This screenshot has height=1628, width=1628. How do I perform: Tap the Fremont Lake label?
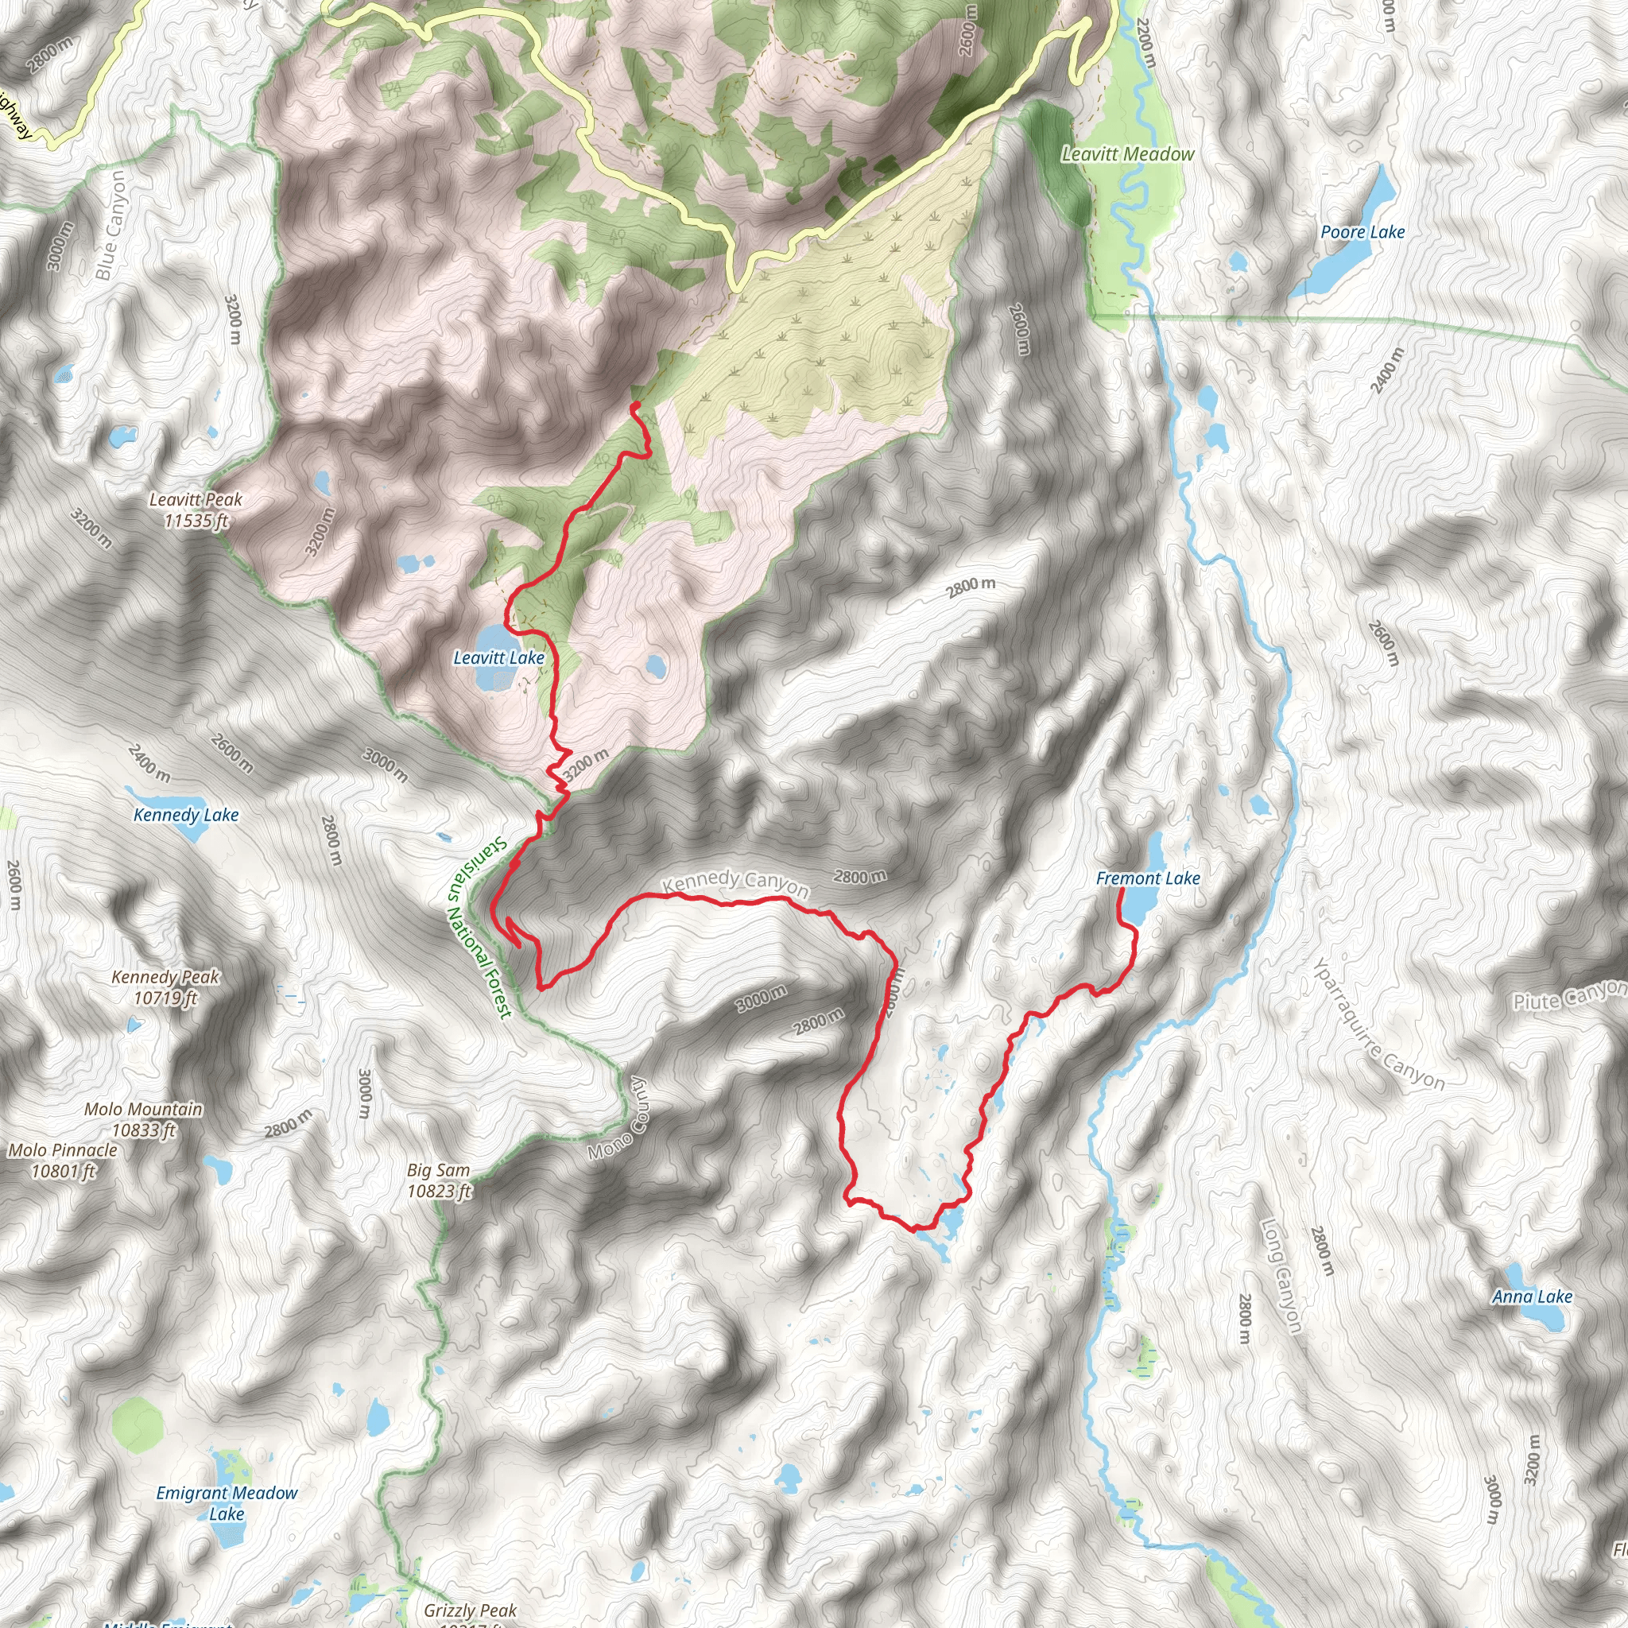(1148, 878)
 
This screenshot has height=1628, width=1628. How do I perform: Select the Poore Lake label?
(1362, 232)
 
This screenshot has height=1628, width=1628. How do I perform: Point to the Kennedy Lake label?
(186, 815)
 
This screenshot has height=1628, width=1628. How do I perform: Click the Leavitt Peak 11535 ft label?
(196, 510)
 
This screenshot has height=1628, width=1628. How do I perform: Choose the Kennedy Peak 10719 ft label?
(165, 987)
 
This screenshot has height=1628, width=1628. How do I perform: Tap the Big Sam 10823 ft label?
(438, 1180)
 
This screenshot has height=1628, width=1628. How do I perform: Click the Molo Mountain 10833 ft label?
(143, 1119)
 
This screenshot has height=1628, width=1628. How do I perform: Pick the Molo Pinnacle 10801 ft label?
(64, 1161)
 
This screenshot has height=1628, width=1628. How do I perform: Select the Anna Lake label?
(1532, 1296)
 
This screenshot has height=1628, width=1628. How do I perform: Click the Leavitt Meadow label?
(1127, 154)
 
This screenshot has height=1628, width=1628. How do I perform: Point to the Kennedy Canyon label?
(735, 882)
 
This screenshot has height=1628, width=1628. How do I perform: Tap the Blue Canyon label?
(110, 225)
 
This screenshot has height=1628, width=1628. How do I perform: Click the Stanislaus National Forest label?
(479, 927)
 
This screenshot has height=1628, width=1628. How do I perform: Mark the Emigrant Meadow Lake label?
(227, 1502)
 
